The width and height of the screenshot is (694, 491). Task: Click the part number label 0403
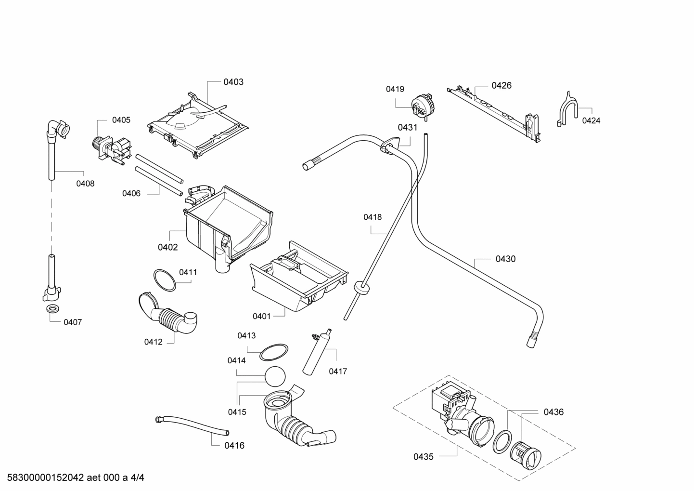[233, 82]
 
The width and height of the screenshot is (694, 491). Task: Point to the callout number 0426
[501, 85]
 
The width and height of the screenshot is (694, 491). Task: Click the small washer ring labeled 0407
[51, 308]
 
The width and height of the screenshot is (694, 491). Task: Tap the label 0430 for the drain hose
[505, 259]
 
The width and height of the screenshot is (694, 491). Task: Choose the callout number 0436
[553, 412]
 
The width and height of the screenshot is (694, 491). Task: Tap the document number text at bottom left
[73, 478]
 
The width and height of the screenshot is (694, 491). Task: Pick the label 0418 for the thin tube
[373, 217]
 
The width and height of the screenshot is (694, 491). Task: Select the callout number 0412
[153, 342]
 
